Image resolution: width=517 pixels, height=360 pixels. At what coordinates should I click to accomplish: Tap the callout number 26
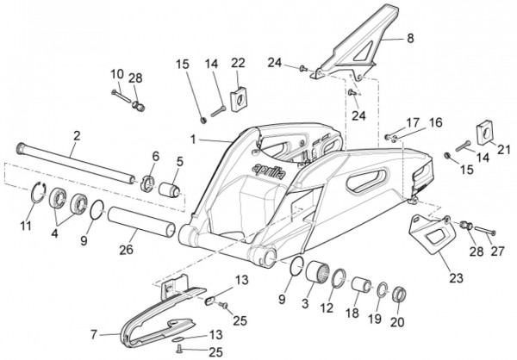pos(127,249)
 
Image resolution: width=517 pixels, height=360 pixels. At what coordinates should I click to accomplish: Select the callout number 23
pos(457,278)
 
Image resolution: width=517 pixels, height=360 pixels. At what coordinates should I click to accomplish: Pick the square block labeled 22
pos(239,99)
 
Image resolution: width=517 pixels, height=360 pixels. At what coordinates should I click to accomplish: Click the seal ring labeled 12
pos(339,278)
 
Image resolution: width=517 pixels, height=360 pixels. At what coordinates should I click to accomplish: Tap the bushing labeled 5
pos(169,189)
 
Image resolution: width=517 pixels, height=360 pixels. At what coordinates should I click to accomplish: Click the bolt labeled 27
pos(484,230)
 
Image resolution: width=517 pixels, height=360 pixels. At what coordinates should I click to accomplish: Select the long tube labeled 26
pos(142,221)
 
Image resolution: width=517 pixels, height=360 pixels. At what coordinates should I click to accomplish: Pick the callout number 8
pos(410,38)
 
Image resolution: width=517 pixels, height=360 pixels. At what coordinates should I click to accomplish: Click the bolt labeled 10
pos(122,97)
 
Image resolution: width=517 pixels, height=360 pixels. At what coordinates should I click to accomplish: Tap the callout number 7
pos(94,335)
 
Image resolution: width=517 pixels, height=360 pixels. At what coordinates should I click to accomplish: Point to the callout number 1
pos(193,140)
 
